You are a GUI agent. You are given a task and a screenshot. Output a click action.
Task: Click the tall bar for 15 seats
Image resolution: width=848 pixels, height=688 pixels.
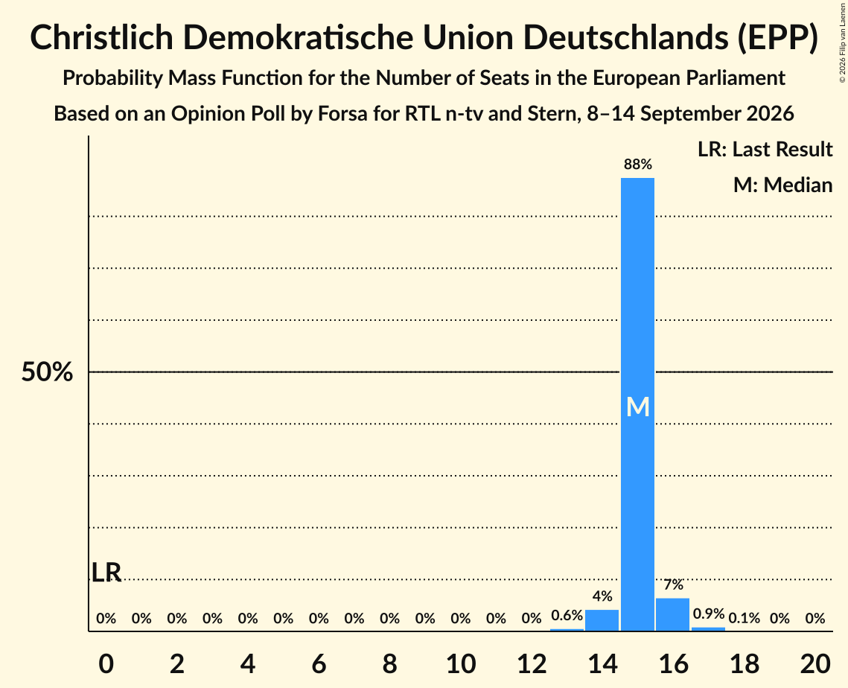point(637,404)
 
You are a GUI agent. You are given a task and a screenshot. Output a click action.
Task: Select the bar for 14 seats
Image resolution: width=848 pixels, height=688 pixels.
point(602,619)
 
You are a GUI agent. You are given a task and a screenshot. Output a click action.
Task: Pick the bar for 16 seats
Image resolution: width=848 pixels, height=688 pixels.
point(673,614)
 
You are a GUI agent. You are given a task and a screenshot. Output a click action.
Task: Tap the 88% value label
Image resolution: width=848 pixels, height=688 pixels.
point(637,165)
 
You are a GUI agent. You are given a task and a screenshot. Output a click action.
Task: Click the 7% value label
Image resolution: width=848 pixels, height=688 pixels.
point(673,585)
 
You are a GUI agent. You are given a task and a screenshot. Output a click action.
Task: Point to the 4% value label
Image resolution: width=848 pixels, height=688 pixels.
point(602,596)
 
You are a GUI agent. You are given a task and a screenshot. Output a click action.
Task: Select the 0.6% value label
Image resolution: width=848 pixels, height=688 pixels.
point(567,616)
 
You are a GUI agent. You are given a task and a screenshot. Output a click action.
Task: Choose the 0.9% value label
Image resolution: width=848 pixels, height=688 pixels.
point(709,614)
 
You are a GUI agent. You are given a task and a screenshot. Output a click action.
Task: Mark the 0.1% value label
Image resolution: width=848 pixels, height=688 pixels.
point(745,618)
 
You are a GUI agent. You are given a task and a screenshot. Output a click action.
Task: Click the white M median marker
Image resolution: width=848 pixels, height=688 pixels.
point(637,407)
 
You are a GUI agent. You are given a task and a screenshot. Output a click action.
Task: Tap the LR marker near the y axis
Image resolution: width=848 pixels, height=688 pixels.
point(106,573)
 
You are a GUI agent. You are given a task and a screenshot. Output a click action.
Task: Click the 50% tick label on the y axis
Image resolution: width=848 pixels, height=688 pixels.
point(47,372)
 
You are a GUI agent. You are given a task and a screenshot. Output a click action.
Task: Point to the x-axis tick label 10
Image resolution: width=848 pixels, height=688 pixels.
point(460,663)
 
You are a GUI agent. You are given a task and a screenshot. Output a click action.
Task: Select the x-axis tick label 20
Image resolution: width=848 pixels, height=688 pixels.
point(815,663)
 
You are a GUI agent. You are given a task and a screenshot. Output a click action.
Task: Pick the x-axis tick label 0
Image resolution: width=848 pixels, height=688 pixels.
point(106,663)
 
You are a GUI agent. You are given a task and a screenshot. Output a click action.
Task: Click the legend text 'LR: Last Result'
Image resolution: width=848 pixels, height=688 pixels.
point(765,149)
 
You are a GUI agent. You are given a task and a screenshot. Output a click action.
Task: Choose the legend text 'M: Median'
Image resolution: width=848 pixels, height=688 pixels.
point(782,185)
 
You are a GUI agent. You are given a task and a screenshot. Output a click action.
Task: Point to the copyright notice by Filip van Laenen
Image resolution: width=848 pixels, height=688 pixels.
point(842,42)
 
